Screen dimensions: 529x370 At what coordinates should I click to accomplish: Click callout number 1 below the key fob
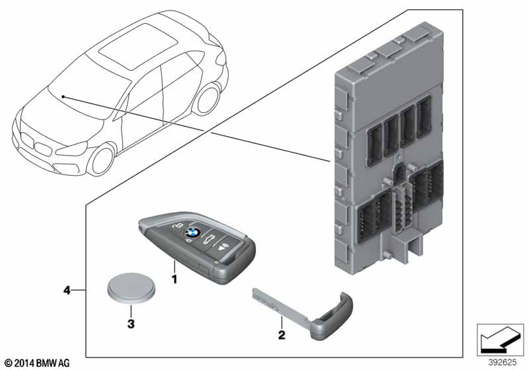point(175,279)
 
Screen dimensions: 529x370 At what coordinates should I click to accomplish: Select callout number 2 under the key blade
point(281,336)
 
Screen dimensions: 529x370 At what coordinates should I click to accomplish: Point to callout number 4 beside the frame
point(67,289)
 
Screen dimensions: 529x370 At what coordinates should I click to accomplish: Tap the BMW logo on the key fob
point(192,233)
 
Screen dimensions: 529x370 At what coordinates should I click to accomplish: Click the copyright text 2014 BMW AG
point(36,363)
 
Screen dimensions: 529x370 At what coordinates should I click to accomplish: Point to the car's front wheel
point(103,159)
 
